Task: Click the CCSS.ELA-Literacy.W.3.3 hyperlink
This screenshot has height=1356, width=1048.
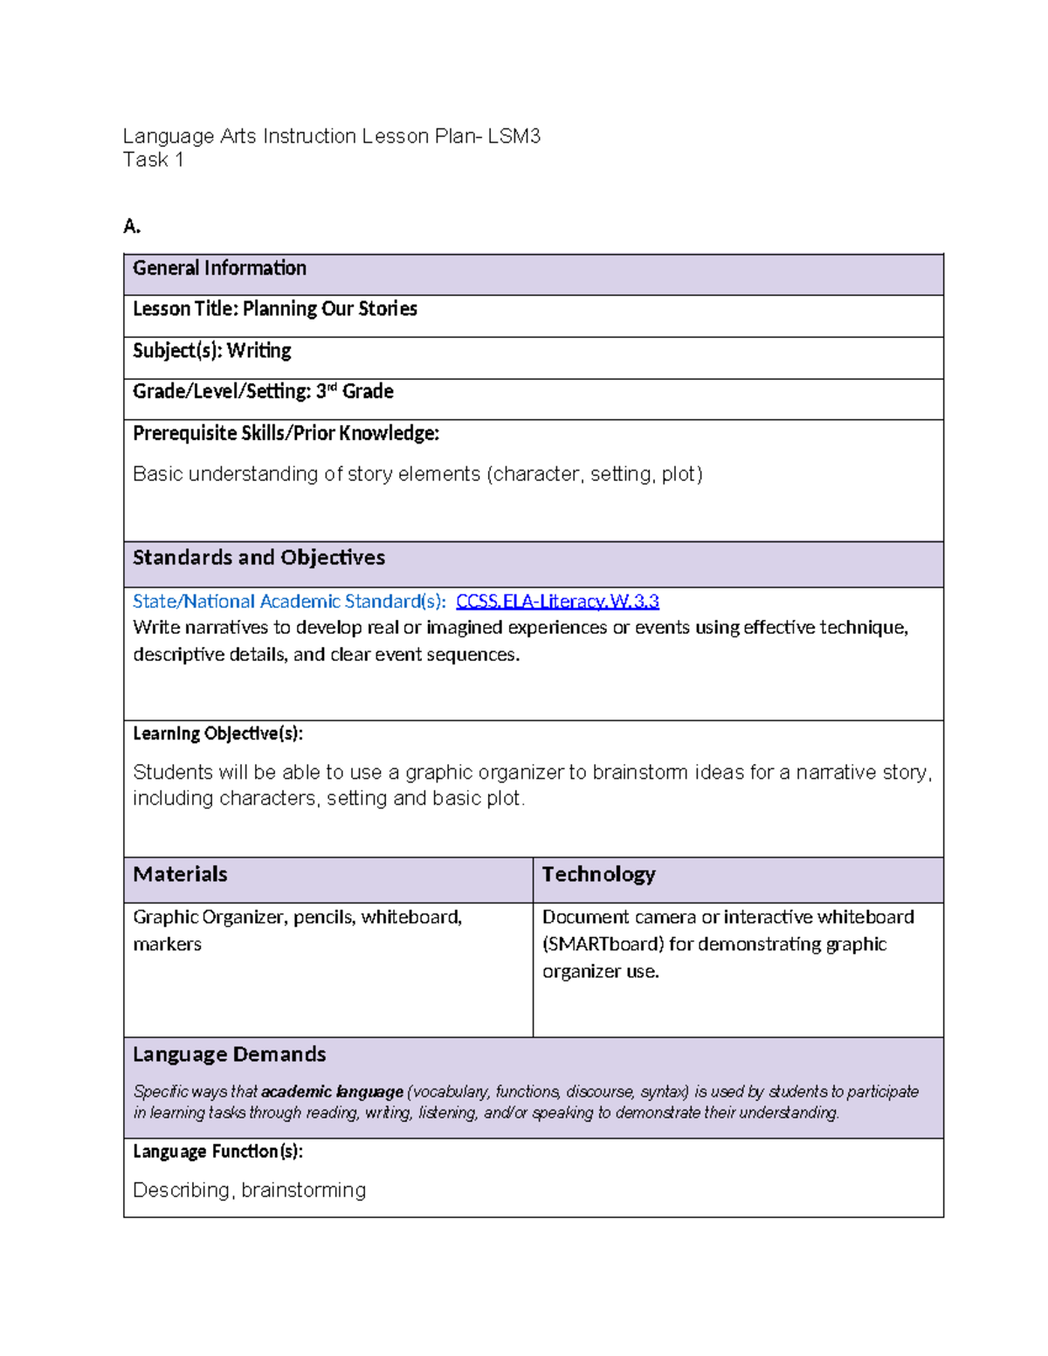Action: (557, 602)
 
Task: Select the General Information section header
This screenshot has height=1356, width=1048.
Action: (219, 268)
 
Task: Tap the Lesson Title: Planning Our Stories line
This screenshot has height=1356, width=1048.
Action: (274, 309)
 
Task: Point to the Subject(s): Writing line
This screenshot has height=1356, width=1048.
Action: (211, 351)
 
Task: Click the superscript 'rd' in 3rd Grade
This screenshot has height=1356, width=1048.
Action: (331, 387)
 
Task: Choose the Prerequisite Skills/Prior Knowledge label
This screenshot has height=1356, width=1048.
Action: (286, 434)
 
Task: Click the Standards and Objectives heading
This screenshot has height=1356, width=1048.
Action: (259, 558)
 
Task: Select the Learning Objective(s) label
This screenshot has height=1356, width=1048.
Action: (217, 733)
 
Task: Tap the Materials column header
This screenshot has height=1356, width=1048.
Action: (180, 875)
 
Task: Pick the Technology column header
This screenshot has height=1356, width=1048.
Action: (598, 875)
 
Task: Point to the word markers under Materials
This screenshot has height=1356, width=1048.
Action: (167, 945)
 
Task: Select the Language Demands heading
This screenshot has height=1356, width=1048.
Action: (229, 1055)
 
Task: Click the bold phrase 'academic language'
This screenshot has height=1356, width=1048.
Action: (332, 1092)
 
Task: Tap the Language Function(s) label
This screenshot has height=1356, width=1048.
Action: (217, 1152)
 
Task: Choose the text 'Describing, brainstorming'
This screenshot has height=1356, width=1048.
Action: (249, 1190)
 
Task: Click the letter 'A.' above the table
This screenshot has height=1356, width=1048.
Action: (132, 227)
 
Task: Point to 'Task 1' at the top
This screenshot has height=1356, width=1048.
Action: (153, 160)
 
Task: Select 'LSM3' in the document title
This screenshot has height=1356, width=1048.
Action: (514, 136)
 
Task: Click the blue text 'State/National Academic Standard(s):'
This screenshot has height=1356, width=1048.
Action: (289, 602)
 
